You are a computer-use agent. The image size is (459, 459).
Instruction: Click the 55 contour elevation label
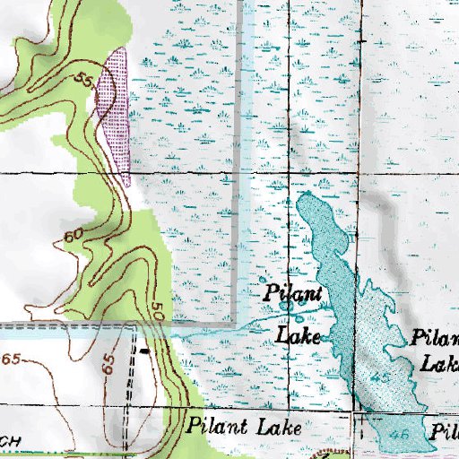[x=85, y=82]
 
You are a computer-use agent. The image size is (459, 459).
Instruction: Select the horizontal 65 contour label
[x=11, y=359]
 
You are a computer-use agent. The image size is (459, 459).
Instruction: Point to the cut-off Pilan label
[x=436, y=340]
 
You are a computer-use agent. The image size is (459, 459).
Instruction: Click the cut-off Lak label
[x=440, y=365]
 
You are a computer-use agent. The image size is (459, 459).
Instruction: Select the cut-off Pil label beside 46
[x=443, y=430]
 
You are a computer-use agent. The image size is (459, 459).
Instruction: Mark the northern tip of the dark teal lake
[x=307, y=194]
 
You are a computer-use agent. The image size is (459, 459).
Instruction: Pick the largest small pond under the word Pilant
[x=286, y=307]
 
